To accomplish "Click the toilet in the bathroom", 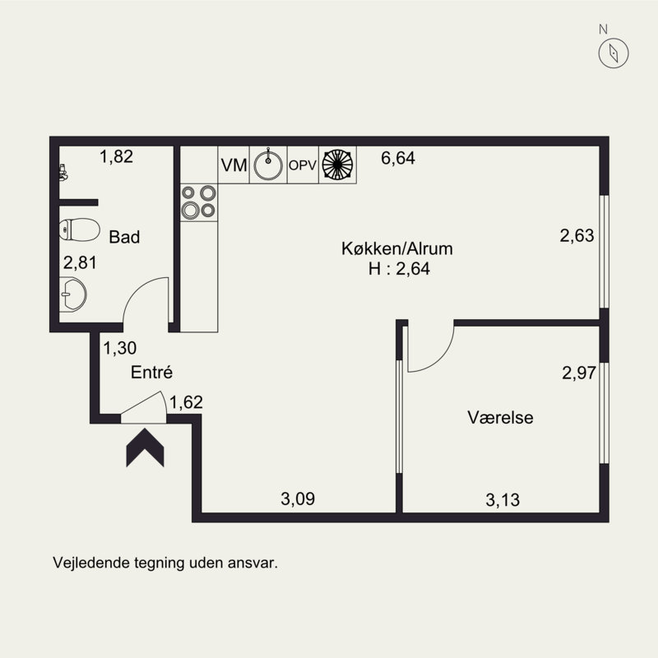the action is (x=79, y=229).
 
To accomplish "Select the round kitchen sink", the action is (x=268, y=164).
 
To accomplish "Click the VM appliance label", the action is (x=234, y=165).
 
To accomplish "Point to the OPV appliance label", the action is (x=303, y=165).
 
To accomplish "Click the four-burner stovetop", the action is (x=199, y=202).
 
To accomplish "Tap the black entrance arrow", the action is (x=146, y=447).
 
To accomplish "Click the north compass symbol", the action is (x=614, y=53).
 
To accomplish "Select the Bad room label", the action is (x=124, y=237).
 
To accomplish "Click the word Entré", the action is (x=151, y=373).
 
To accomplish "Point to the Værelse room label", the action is (x=500, y=418).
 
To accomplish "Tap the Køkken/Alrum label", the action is (x=397, y=249).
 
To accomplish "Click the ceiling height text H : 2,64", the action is (x=399, y=269).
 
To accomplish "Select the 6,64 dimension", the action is (x=398, y=158).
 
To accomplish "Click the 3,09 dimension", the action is (x=298, y=499).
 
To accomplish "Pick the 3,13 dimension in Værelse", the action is (x=503, y=500).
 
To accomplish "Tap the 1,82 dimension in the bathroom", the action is (x=116, y=156).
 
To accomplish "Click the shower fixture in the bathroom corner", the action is (x=63, y=173).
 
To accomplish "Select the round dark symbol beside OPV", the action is (x=337, y=164).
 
